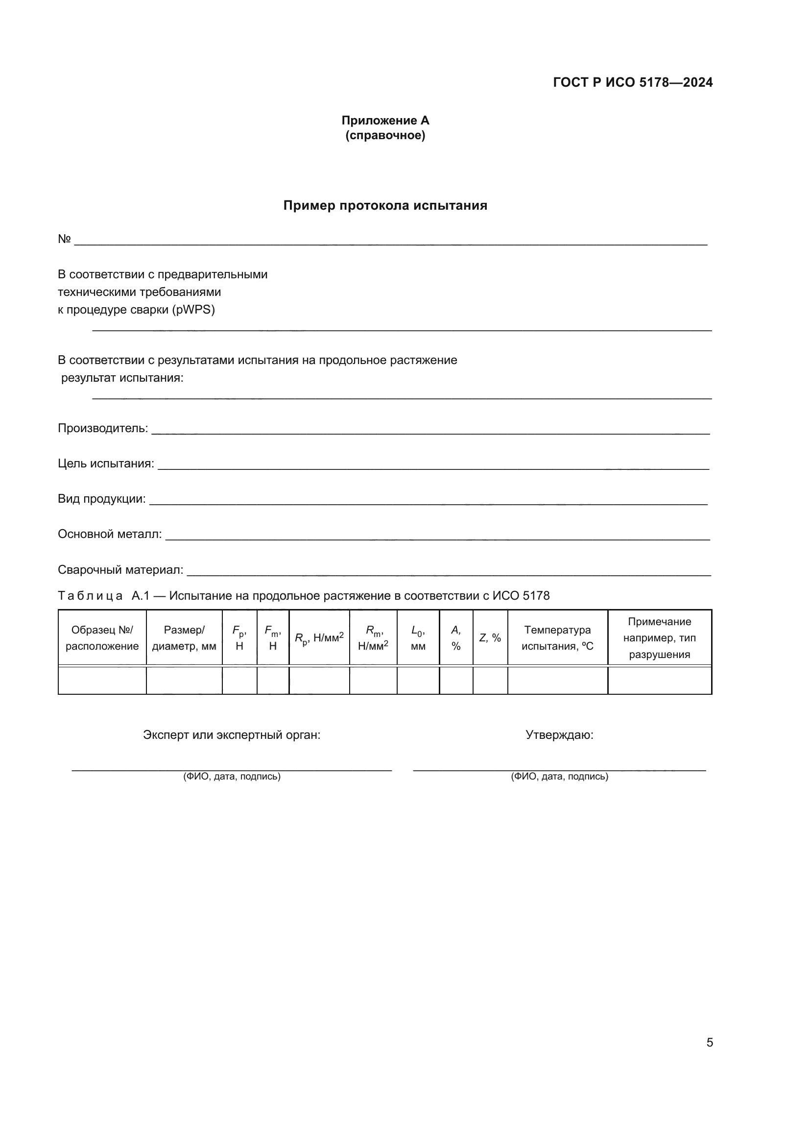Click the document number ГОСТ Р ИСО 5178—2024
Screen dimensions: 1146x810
pos(632,82)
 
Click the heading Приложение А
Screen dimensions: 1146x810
pos(385,121)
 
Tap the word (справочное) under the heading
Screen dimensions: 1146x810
pos(385,135)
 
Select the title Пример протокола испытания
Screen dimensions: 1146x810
pos(385,206)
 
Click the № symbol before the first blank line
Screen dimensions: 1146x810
pos(64,239)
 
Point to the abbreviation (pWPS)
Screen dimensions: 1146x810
pos(193,310)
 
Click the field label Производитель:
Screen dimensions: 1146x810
pos(103,428)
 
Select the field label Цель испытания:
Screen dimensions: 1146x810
pos(106,463)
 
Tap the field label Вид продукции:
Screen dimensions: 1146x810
pos(102,499)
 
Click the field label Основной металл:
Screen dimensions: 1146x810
pos(110,535)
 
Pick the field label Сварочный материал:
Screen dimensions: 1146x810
pos(120,570)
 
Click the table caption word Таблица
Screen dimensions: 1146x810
pos(90,596)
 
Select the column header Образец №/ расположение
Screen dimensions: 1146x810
pos(102,638)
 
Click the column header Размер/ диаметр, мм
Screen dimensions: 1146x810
pos(184,638)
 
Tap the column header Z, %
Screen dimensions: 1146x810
pos(490,638)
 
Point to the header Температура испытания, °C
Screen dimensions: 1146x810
pos(557,638)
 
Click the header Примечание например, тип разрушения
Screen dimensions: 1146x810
pos(659,638)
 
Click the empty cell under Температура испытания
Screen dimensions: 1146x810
pos(557,681)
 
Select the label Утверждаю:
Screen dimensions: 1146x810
pos(559,735)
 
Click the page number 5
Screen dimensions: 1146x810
pos(709,1043)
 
